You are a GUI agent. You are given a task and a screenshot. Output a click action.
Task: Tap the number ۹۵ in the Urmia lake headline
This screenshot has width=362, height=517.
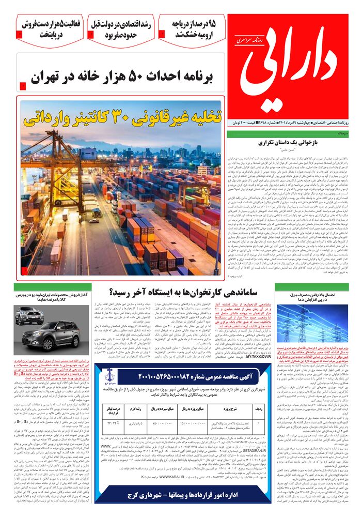point(209,24)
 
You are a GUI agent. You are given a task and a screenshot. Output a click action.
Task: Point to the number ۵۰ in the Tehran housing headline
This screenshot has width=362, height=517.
point(145,78)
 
